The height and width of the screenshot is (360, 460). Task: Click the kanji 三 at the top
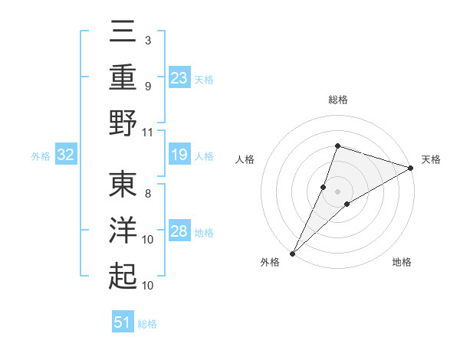123,33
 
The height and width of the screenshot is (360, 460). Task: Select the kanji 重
123,77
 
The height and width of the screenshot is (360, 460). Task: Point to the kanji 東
123,186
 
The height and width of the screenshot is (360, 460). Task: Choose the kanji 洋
123,231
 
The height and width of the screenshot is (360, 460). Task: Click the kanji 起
123,275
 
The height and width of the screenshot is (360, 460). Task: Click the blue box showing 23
179,78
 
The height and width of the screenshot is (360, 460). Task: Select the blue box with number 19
179,155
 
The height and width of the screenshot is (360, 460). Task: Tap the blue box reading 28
179,231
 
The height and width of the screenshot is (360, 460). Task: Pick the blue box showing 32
66,155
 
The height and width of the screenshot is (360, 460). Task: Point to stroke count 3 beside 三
147,40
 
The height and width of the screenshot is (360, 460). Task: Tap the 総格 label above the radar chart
337,100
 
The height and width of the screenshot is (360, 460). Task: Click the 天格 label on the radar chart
431,159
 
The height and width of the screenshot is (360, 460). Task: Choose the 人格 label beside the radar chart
245,159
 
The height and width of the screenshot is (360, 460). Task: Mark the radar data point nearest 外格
292,253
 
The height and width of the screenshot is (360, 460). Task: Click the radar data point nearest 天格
411,168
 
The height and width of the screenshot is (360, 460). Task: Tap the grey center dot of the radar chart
337,191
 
